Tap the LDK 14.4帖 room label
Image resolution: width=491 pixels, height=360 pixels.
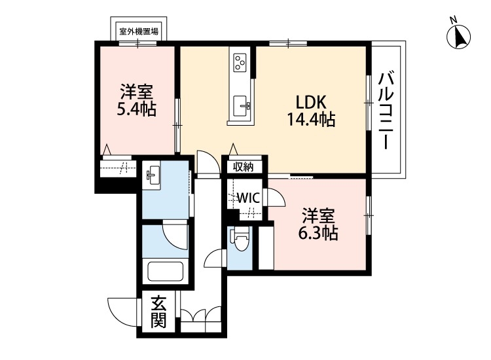coord(311,111)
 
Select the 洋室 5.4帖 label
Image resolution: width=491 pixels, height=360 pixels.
coord(136,100)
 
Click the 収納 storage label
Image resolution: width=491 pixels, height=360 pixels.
coord(244,166)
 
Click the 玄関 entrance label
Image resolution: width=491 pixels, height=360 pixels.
coord(158,312)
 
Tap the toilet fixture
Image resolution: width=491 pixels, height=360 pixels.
coord(240,242)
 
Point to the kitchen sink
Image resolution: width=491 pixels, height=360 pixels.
coord(240,104)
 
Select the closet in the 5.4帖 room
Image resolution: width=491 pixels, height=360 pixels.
coord(118,168)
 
